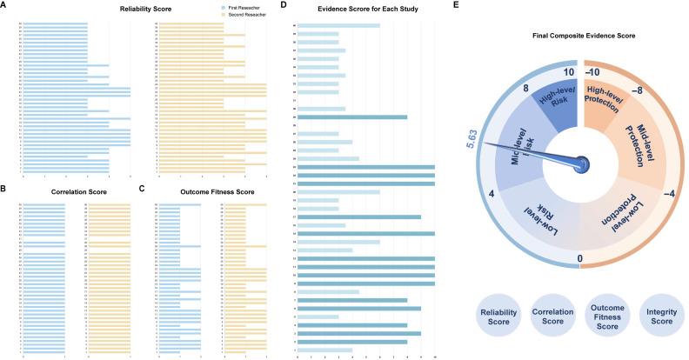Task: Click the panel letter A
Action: [x=6, y=5]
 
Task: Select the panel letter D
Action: [x=284, y=5]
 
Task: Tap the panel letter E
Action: [x=462, y=5]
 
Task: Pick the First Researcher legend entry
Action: [x=230, y=6]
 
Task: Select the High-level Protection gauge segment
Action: [x=604, y=102]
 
